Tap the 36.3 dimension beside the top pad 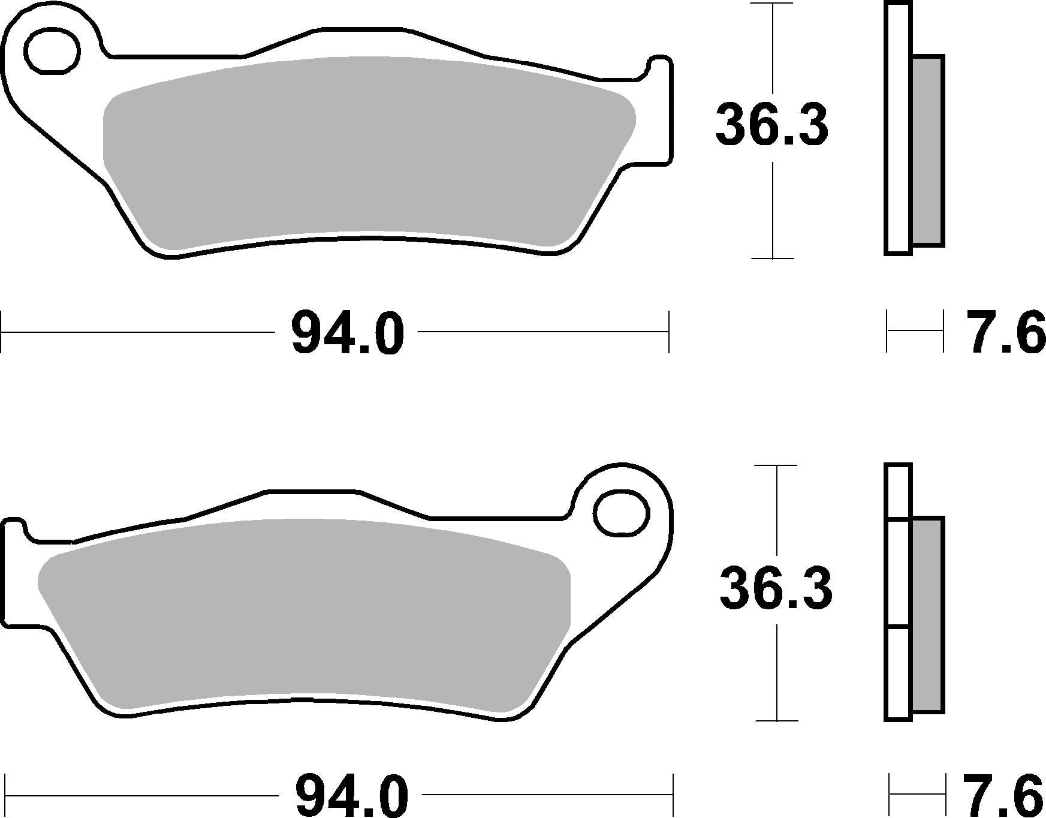[771, 125]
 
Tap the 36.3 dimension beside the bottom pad [776, 588]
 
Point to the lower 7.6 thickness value [1004, 795]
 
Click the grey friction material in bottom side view [928, 615]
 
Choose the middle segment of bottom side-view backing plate [897, 573]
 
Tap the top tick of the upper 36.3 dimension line [773, 4]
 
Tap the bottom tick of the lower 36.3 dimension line [777, 720]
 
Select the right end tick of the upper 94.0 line [668, 332]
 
